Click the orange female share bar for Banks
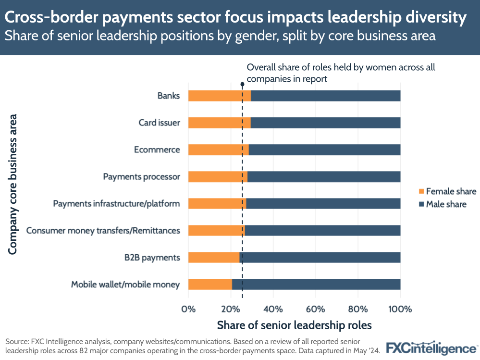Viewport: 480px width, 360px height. tap(219, 96)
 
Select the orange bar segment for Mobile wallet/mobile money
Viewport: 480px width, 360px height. tap(210, 284)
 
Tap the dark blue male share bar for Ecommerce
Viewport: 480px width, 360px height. tap(324, 149)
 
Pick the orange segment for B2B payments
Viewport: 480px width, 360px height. tap(213, 257)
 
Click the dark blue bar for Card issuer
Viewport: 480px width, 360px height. tap(325, 123)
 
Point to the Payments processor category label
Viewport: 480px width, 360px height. tap(141, 176)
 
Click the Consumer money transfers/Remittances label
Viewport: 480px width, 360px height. tap(103, 230)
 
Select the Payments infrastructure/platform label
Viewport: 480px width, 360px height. tap(116, 203)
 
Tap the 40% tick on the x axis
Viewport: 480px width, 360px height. tap(273, 309)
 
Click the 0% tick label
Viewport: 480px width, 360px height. tap(188, 309)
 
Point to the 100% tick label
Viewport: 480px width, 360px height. tap(400, 309)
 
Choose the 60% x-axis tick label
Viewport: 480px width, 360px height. tap(315, 309)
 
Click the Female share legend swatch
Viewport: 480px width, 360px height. tap(421, 191)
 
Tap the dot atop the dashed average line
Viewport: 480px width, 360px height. tap(242, 84)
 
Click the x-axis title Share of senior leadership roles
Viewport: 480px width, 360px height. tap(294, 325)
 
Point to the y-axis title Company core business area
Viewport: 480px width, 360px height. tap(13, 184)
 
